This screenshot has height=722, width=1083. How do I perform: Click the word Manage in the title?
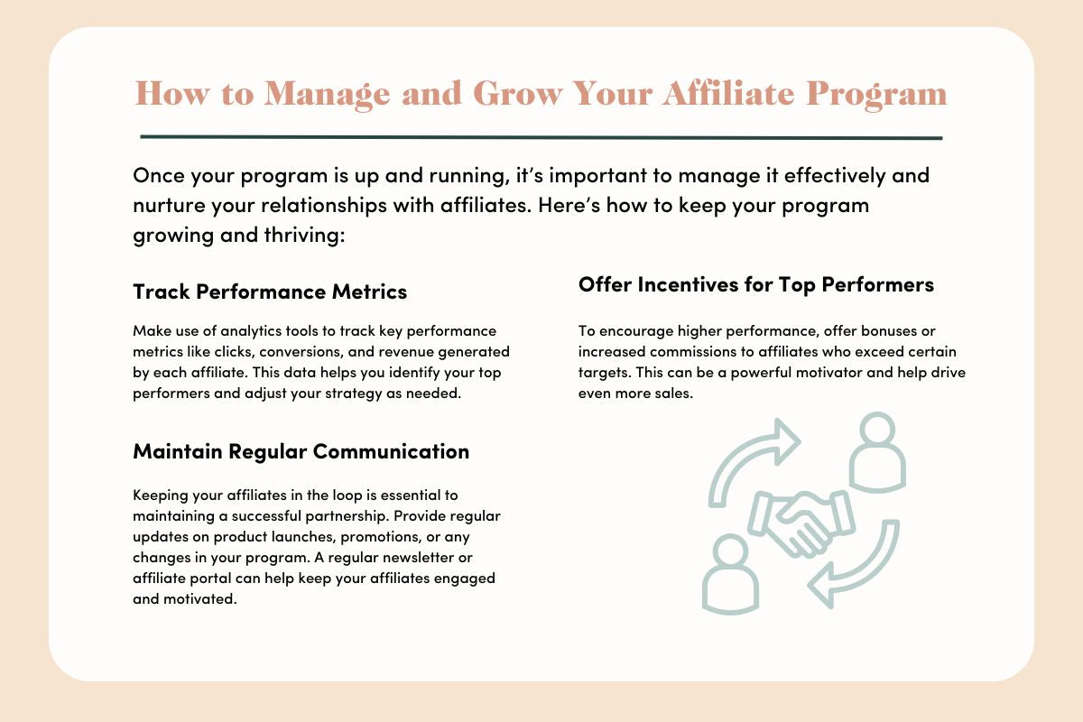[x=327, y=94]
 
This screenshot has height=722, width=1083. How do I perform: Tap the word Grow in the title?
[x=518, y=93]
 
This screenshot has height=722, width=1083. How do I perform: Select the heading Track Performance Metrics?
[x=270, y=292]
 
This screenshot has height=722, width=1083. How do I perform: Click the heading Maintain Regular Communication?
[x=301, y=451]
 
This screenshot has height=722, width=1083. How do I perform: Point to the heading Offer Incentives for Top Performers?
[x=756, y=285]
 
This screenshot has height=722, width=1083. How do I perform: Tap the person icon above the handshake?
[x=877, y=451]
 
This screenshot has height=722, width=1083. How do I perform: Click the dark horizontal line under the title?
[x=541, y=137]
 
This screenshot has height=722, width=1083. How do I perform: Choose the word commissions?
[x=699, y=352]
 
